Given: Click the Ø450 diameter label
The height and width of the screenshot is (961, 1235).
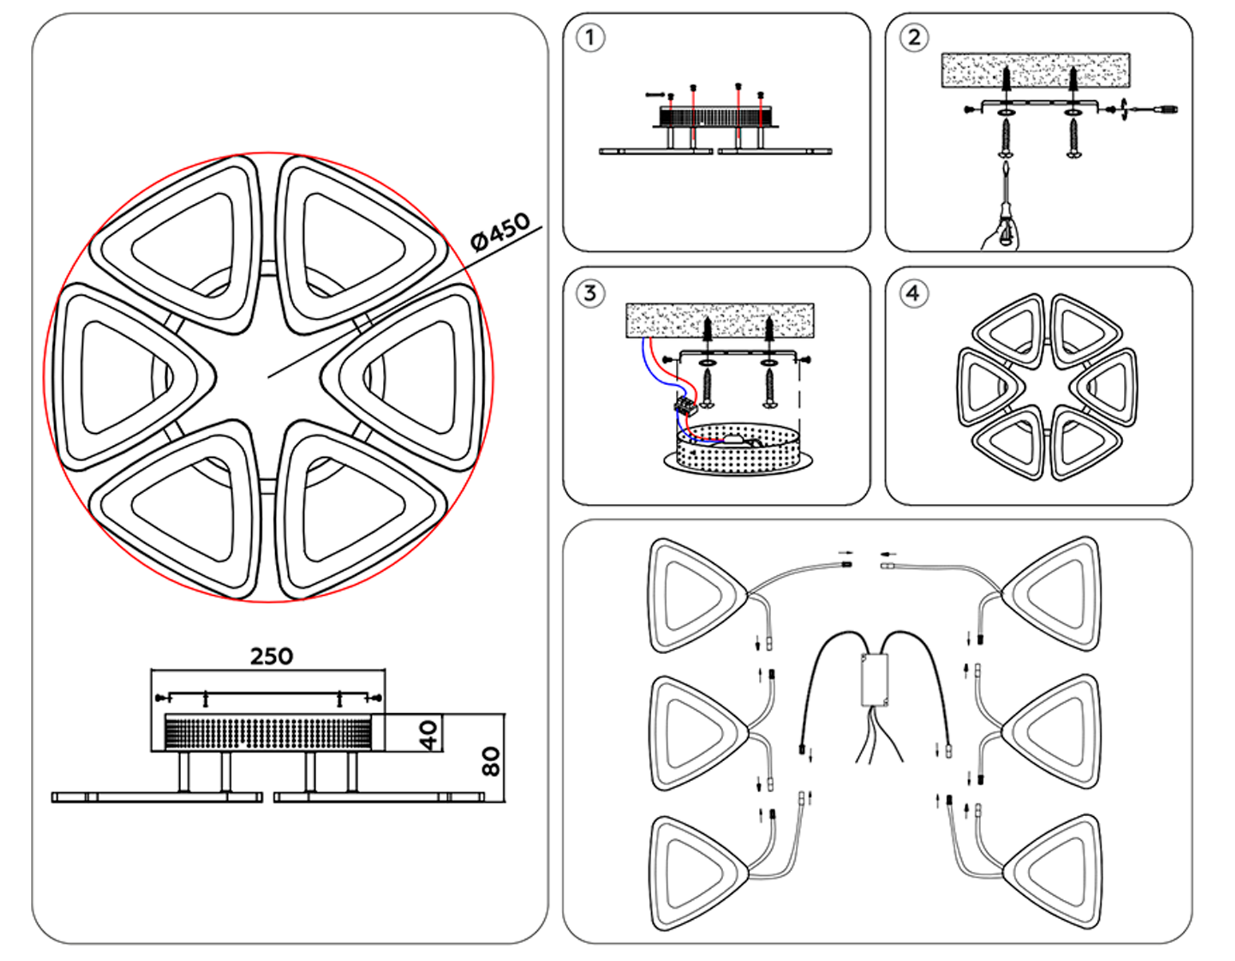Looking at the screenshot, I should click(500, 231).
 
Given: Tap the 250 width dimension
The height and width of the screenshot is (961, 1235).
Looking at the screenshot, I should click(271, 656).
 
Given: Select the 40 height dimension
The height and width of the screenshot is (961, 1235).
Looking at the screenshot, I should click(428, 734).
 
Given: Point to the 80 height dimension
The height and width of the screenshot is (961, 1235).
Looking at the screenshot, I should click(490, 761).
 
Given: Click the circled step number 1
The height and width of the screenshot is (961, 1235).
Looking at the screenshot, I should click(590, 38).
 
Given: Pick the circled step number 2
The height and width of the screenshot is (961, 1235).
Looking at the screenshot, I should click(914, 38).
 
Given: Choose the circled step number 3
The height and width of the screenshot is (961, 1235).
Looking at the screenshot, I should click(590, 294).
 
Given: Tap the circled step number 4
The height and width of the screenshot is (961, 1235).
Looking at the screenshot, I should click(913, 294).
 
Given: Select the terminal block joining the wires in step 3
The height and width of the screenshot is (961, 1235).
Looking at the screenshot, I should click(685, 406).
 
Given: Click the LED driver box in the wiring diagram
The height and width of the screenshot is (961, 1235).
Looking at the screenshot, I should click(875, 680).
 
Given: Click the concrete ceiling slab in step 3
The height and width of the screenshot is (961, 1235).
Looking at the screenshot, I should click(720, 320).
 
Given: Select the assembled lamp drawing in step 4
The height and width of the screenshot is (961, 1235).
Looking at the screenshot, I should click(1046, 387).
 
